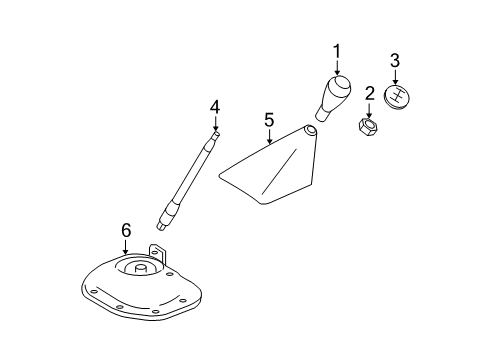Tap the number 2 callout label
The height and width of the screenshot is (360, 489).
click(x=369, y=94)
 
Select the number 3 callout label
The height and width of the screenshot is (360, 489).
click(x=394, y=60)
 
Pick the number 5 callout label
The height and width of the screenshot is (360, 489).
click(x=269, y=120)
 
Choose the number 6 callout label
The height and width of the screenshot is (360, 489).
click(x=126, y=231)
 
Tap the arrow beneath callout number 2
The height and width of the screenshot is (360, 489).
click(x=369, y=111)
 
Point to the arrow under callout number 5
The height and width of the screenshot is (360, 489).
click(x=269, y=137)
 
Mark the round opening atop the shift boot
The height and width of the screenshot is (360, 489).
click(x=311, y=129)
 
